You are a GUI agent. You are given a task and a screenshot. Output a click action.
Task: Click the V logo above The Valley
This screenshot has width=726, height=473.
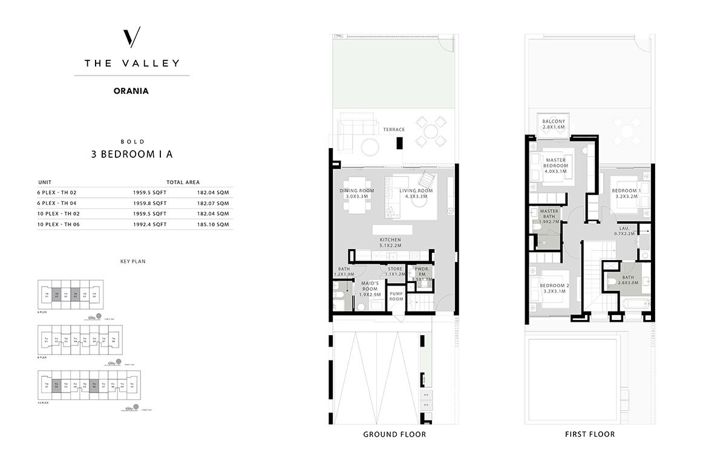(x=132, y=38)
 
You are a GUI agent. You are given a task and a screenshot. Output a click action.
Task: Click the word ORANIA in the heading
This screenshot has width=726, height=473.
(x=131, y=91)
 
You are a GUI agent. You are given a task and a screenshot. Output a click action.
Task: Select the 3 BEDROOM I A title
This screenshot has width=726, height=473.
(x=132, y=154)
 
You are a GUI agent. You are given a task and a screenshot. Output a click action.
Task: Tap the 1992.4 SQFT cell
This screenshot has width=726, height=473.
(x=149, y=224)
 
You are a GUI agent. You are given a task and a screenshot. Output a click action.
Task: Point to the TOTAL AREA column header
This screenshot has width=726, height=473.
(x=183, y=181)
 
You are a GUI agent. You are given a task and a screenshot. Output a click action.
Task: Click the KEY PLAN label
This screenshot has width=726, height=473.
(x=132, y=261)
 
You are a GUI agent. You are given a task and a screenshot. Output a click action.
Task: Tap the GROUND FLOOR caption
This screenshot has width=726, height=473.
(x=394, y=434)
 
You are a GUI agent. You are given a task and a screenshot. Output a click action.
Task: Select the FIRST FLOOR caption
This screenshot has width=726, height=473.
(x=589, y=434)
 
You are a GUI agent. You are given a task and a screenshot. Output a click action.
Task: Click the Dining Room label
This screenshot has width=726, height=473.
(x=356, y=194)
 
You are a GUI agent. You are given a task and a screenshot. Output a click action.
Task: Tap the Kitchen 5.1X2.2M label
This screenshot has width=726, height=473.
(x=390, y=243)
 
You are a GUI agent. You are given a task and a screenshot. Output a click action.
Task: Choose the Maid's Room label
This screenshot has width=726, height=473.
(x=369, y=289)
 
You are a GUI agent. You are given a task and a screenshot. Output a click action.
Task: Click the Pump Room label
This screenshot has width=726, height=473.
(x=396, y=296)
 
